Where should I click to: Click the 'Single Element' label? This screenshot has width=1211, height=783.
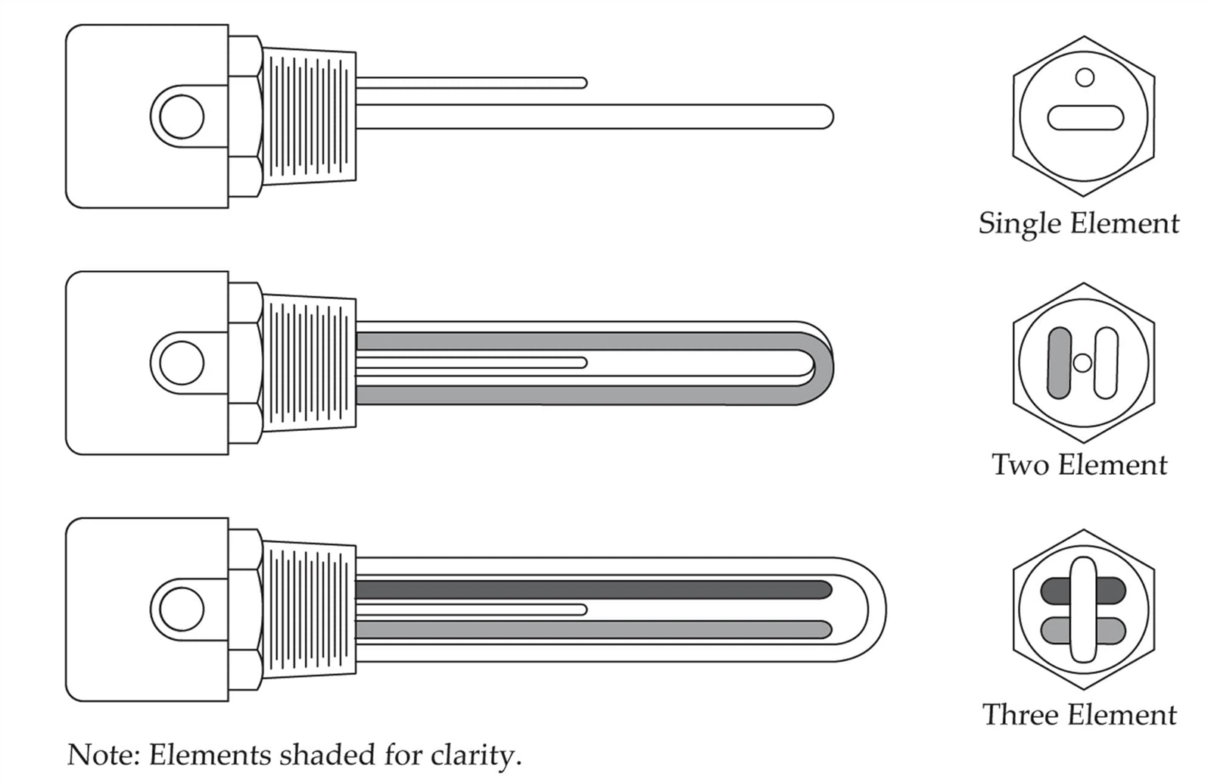1079,224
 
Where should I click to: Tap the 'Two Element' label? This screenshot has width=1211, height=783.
1079,465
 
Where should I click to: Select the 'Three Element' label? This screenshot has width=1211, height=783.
1079,715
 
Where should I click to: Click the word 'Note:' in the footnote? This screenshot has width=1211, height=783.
103,755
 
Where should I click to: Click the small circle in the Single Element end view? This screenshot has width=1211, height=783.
1085,77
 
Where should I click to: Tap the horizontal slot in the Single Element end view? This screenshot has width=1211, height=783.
1085,118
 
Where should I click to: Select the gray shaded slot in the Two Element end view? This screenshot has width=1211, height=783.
1060,363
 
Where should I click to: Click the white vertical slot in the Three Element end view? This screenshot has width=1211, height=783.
1083,610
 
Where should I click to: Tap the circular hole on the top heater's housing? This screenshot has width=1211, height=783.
182,117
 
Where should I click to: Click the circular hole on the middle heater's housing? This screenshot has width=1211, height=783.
182,363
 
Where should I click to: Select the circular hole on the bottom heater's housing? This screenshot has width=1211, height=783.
182,610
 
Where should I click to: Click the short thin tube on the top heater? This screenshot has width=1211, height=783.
471,83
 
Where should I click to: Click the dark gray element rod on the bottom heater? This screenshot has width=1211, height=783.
593,589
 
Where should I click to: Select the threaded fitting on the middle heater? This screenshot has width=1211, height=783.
309,363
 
